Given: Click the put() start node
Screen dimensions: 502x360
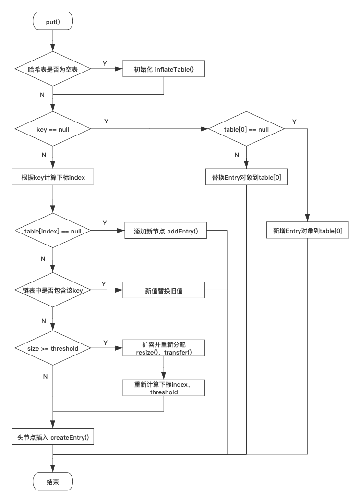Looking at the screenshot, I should pyautogui.click(x=53, y=22).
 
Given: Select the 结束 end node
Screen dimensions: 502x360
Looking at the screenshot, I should pyautogui.click(x=53, y=482).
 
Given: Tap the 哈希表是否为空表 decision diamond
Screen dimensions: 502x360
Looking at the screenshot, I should pyautogui.click(x=53, y=70).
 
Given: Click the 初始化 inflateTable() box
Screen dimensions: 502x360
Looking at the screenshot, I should pyautogui.click(x=164, y=70).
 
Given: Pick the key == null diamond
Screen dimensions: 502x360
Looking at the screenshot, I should pyautogui.click(x=53, y=129).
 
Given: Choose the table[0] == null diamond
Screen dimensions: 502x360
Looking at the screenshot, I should pyautogui.click(x=246, y=129).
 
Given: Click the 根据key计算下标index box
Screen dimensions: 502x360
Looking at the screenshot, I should pyautogui.click(x=53, y=177).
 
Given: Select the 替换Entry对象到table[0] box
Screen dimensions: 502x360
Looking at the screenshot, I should pyautogui.click(x=247, y=177).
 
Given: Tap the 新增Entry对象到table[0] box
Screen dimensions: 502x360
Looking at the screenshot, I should pyautogui.click(x=308, y=231).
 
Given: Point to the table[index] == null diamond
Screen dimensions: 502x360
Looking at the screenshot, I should pyautogui.click(x=53, y=231).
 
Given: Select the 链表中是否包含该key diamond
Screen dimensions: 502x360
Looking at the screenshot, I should pyautogui.click(x=53, y=291).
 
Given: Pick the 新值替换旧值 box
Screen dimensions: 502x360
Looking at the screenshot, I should pyautogui.click(x=164, y=291).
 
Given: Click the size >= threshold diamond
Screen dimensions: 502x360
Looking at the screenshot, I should pyautogui.click(x=53, y=348).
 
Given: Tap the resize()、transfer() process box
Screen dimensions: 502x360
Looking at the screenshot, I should pyautogui.click(x=164, y=348).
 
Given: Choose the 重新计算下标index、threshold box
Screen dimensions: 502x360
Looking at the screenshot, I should pyautogui.click(x=164, y=388).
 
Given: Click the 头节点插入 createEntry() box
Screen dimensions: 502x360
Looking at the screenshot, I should pyautogui.click(x=53, y=437).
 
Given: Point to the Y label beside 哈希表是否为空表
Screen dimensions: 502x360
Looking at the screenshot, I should pyautogui.click(x=105, y=63).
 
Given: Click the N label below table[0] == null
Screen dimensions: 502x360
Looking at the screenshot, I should pyautogui.click(x=236, y=155).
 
